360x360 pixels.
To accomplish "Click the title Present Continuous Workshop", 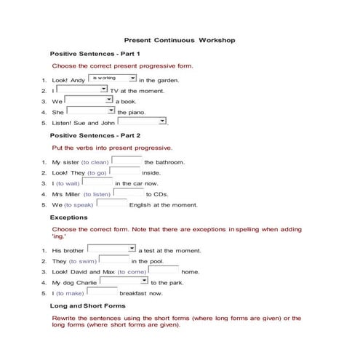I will coord(180,41).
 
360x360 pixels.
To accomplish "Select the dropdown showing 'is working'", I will coord(112,78).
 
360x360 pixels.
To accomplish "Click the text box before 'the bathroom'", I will coord(126,161).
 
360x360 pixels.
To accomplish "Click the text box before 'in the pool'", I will coord(113,260).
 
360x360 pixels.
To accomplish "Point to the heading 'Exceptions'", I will coord(68,217).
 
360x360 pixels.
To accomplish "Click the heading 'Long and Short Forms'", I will coord(87,306).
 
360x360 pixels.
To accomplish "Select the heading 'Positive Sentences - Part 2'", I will coord(95,135).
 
